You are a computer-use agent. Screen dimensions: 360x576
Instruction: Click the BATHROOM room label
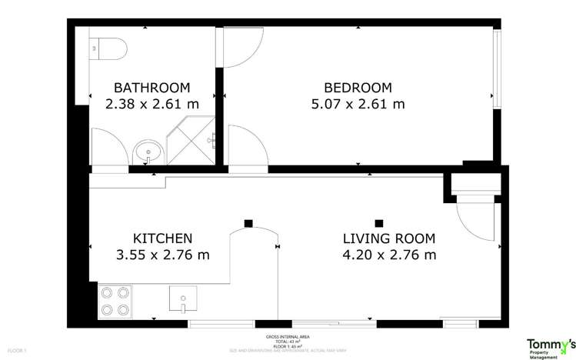coord(151,88)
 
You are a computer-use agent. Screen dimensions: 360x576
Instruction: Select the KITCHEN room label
coord(162,238)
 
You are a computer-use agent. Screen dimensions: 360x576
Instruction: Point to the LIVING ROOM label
coord(388,238)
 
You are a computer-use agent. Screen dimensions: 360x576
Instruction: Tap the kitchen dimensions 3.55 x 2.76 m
coord(162,255)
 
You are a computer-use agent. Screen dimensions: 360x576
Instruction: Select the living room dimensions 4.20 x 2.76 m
coord(388,255)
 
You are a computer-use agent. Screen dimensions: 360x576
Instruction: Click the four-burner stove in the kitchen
coord(115,301)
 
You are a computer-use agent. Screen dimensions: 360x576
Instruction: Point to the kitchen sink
coord(183,298)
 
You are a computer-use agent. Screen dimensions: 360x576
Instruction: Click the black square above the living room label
coord(378,220)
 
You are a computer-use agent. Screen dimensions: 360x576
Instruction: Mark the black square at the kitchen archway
coord(248,224)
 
